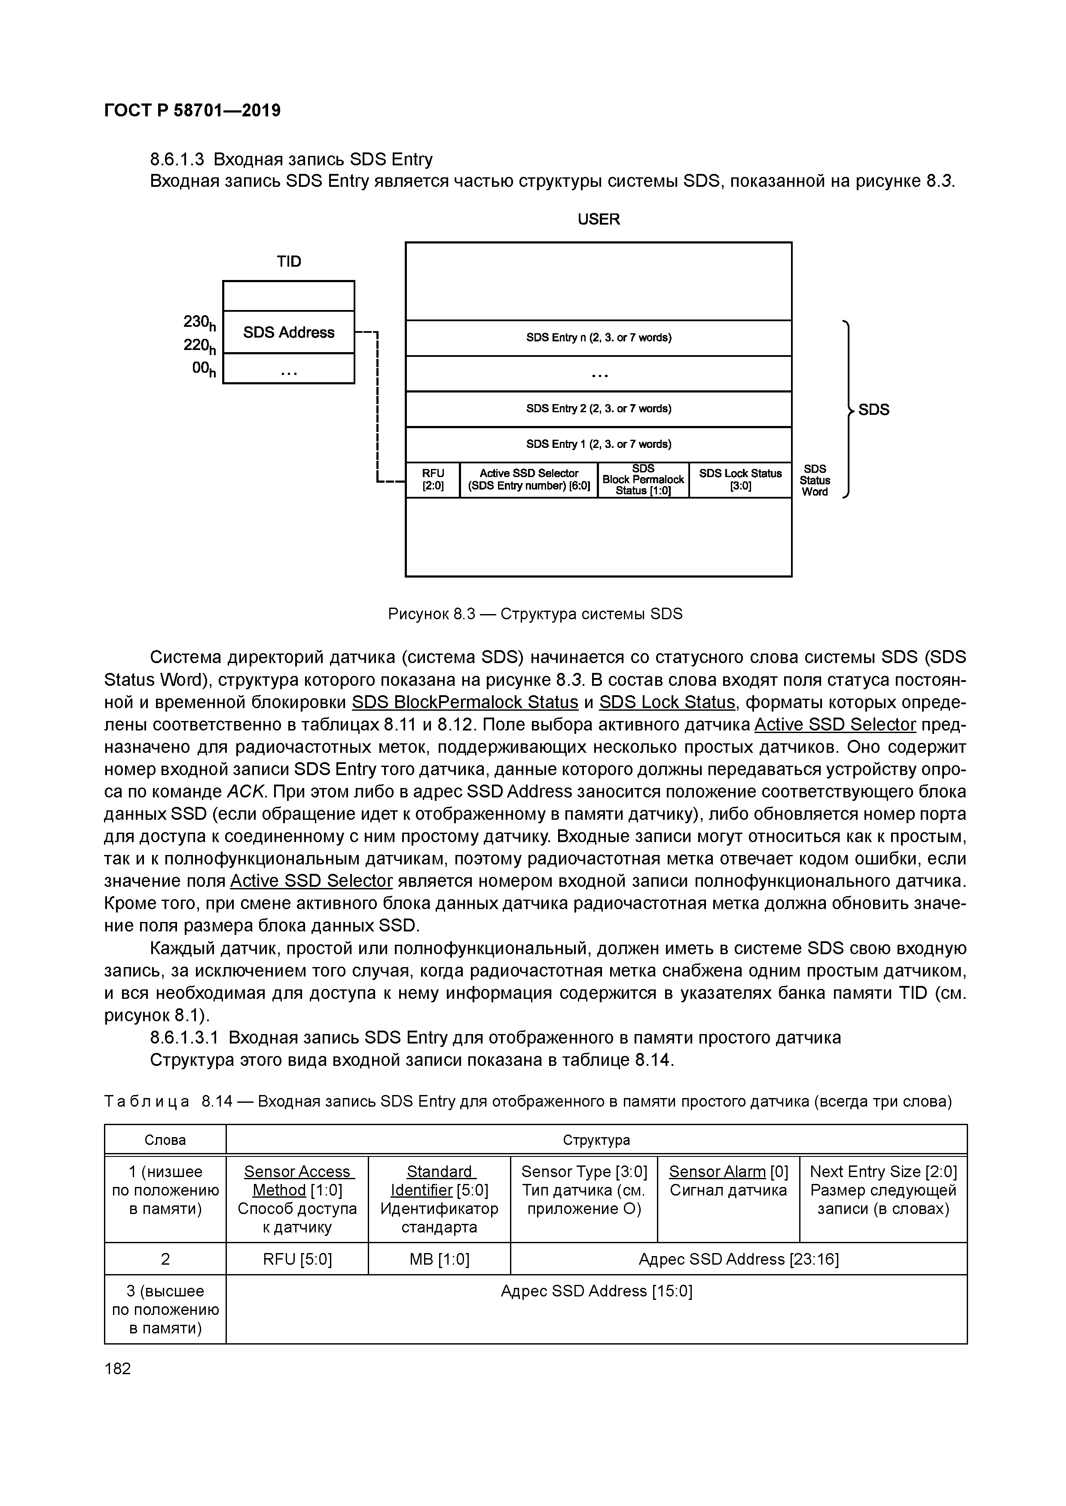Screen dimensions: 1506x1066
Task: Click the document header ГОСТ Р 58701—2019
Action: (x=192, y=110)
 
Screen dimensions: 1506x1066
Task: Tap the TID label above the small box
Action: (x=289, y=262)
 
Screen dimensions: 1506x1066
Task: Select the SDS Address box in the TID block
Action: (x=289, y=332)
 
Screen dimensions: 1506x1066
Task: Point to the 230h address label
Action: (x=199, y=322)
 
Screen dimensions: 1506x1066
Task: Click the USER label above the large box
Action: (x=599, y=219)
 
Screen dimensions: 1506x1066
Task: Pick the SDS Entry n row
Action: (x=599, y=338)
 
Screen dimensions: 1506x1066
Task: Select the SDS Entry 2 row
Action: (x=599, y=409)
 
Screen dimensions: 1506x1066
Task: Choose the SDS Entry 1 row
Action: (x=599, y=444)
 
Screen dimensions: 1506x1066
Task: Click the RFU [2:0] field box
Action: (x=433, y=480)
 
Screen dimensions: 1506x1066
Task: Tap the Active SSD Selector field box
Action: (x=529, y=480)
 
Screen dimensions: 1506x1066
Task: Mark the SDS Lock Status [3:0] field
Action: (x=740, y=480)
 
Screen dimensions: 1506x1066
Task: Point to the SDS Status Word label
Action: (x=815, y=480)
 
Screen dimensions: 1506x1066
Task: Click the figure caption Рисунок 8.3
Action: (x=535, y=614)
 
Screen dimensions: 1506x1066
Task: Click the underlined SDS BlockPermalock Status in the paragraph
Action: (x=465, y=703)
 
